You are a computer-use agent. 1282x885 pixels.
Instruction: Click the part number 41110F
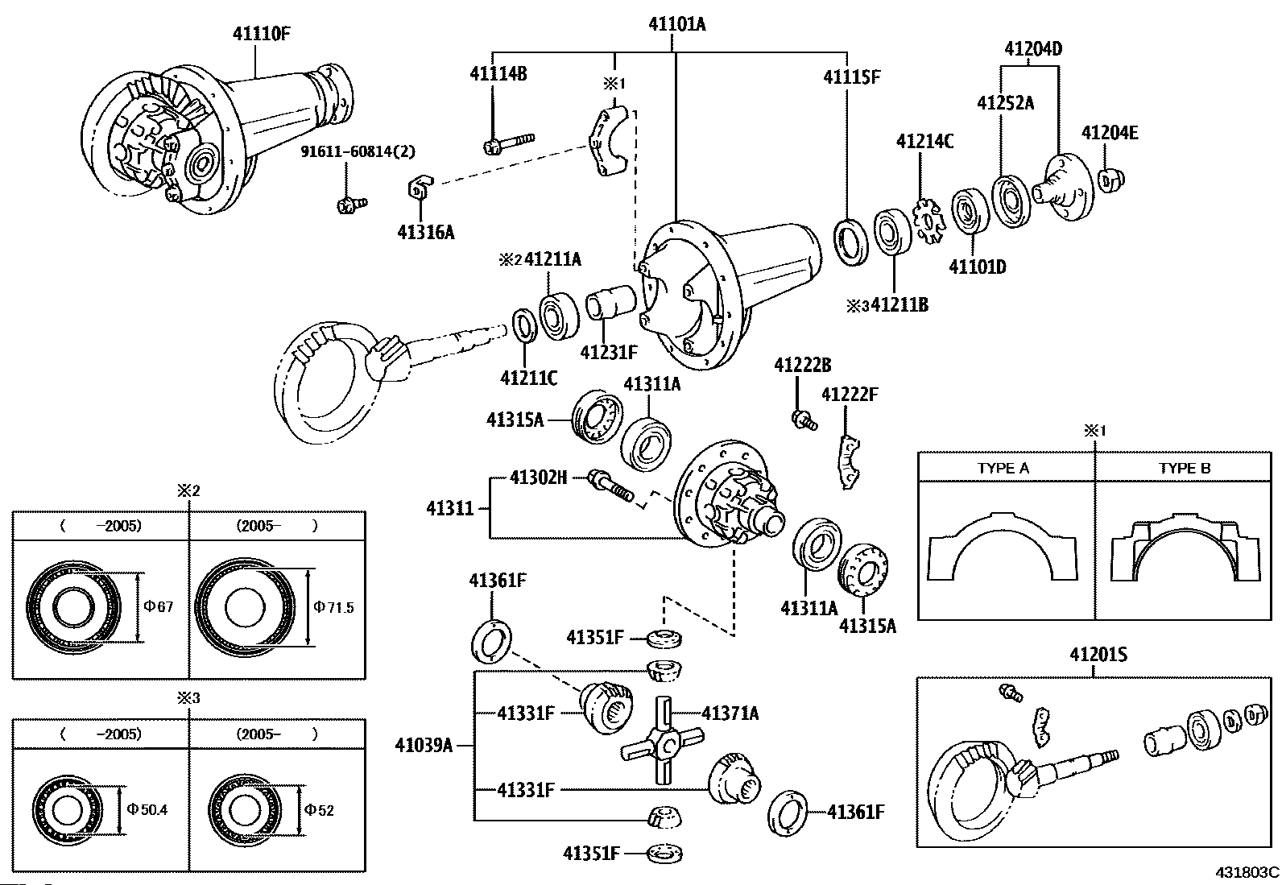point(261,34)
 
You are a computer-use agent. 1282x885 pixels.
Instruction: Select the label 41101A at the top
point(676,24)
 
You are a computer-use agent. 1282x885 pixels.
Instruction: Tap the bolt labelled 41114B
point(507,143)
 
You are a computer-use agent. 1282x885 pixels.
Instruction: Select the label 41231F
point(609,352)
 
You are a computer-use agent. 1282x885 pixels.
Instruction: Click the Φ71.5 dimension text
point(333,607)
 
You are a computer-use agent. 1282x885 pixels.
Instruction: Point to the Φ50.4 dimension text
point(147,809)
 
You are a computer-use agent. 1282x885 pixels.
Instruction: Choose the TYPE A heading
point(1003,468)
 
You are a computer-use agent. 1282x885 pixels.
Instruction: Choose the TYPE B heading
point(1185,468)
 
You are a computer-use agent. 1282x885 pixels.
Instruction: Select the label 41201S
point(1098,655)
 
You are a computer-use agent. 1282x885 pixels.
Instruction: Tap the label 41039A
point(423,745)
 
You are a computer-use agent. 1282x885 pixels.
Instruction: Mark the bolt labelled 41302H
point(612,486)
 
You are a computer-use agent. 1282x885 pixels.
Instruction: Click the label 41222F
point(850,394)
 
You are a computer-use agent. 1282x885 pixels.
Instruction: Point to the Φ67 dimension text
point(159,606)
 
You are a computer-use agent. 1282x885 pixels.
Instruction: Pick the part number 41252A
point(1005,102)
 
